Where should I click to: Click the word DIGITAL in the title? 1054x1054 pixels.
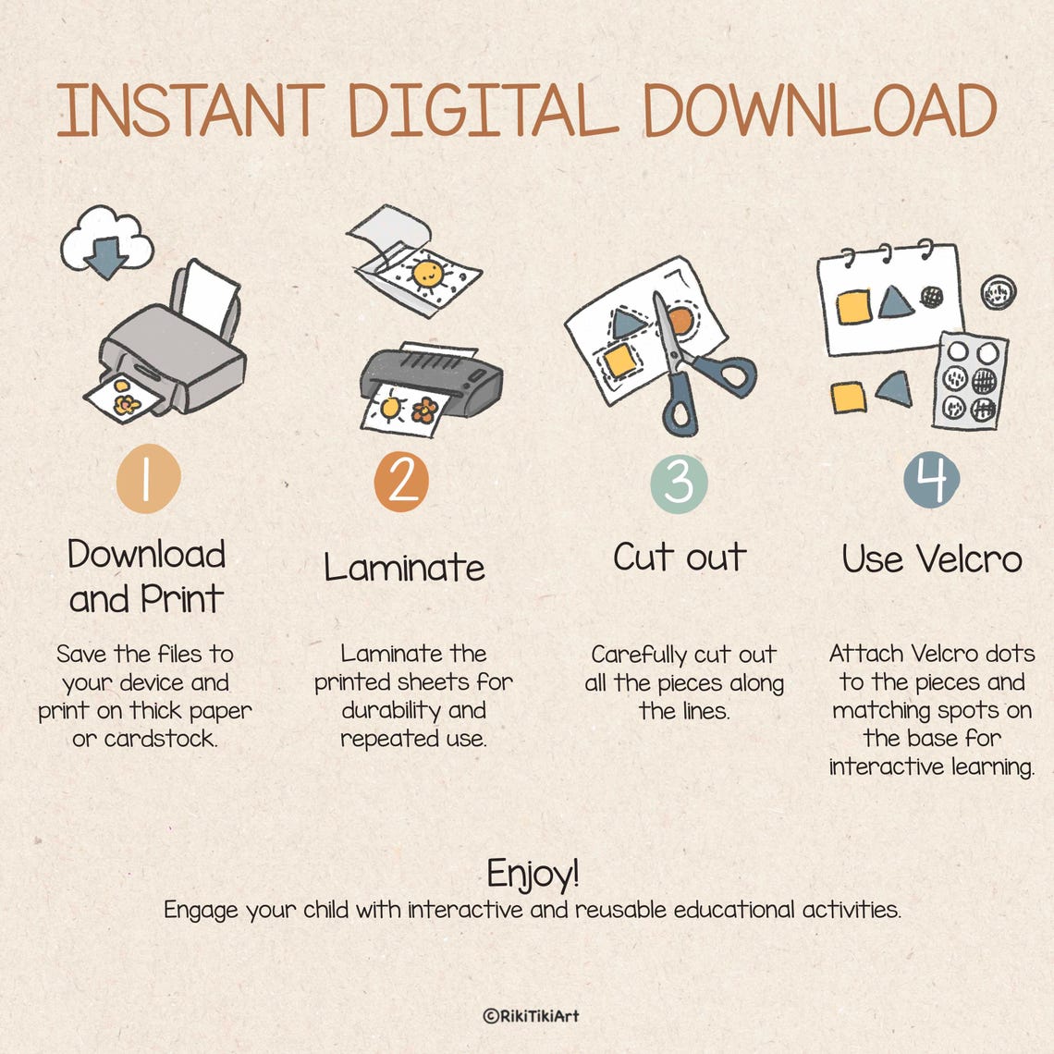click(482, 110)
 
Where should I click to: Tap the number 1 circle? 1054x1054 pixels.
click(149, 479)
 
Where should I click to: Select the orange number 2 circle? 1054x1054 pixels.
click(401, 482)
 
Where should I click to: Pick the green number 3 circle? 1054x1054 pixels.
click(679, 484)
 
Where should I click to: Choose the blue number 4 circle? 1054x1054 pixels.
click(932, 480)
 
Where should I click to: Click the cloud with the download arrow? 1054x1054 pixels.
click(107, 242)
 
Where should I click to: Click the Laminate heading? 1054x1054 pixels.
click(404, 567)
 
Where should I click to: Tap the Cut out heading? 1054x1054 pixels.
click(680, 557)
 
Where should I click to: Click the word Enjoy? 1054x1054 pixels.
click(533, 874)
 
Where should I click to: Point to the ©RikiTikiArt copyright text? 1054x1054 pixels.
click(531, 1016)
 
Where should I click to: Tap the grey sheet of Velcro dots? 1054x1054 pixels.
click(971, 381)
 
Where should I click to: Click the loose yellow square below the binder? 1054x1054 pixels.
click(849, 398)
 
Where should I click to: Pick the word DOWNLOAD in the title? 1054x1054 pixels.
click(819, 110)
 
